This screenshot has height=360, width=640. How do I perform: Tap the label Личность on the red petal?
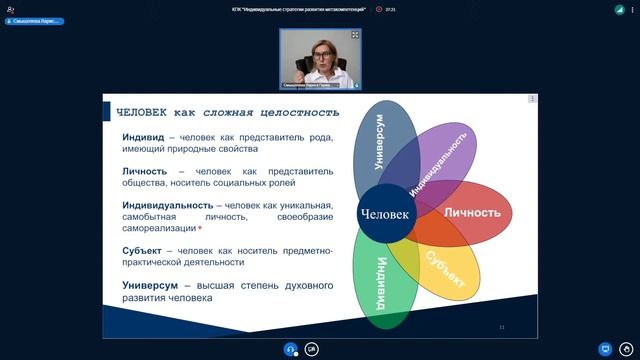[x=471, y=213]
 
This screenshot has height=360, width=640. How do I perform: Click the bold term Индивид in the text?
[x=144, y=137]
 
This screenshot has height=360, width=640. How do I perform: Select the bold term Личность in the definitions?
[x=146, y=171]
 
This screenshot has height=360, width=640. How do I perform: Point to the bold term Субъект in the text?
[x=145, y=251]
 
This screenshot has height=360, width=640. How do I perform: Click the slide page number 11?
[x=501, y=327]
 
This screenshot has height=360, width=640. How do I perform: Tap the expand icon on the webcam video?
[x=355, y=34]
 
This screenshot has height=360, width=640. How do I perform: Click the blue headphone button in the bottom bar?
[x=290, y=349]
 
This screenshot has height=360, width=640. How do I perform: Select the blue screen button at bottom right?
[x=604, y=349]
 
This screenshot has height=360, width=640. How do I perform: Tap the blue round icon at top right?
[x=619, y=8]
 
